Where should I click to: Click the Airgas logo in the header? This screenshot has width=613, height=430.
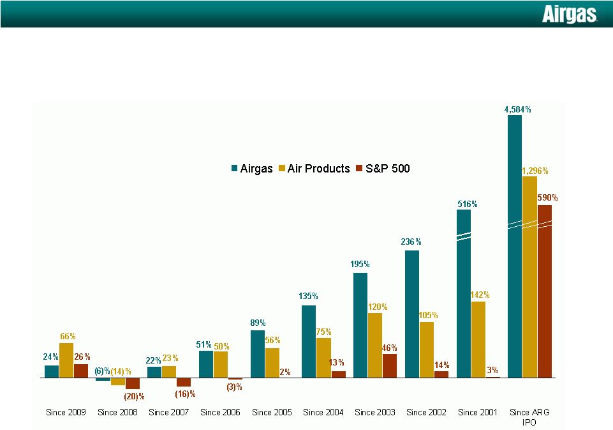pos(569,15)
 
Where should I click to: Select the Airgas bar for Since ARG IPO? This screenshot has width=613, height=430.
pos(515,247)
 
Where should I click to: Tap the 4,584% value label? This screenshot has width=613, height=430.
pos(517,109)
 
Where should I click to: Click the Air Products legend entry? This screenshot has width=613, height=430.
pos(314,169)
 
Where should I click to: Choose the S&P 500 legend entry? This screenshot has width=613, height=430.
pos(383,169)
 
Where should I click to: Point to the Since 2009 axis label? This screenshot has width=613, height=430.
pos(66,412)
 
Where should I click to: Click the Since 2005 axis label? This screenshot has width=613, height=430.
pos(272,412)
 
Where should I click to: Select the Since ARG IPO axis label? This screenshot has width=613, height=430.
pos(529,417)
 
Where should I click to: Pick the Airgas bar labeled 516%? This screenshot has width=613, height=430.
pos(464,294)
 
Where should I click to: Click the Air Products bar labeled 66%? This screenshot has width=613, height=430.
pos(66,361)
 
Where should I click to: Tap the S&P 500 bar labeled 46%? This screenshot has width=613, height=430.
pos(389,366)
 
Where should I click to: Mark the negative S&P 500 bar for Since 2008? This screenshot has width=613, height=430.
pos(133,383)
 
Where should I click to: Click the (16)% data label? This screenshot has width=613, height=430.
pos(186,394)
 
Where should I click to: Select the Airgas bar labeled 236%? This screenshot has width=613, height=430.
pos(412,314)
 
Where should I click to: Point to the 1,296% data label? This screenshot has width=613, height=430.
pos(535,171)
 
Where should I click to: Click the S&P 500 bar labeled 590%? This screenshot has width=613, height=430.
pos(545,291)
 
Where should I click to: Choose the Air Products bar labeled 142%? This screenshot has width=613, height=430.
pos(478,339)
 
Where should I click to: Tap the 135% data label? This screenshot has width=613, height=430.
pos(308,296)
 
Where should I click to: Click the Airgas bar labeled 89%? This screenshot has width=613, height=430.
pos(257,354)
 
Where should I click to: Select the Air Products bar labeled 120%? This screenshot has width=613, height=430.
pos(375,346)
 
